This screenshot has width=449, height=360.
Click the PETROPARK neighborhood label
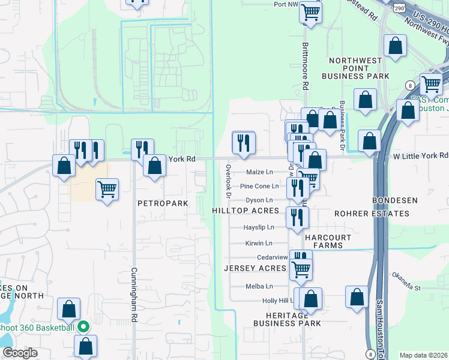pyautogui.click(x=163, y=204)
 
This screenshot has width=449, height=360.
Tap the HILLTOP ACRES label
pyautogui.click(x=246, y=211)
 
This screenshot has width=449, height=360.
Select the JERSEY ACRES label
pyautogui.click(x=255, y=268)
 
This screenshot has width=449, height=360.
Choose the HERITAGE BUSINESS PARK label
pyautogui.click(x=286, y=319)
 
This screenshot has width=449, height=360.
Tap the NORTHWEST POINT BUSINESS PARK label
pyautogui.click(x=355, y=68)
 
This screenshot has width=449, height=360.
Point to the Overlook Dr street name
pyautogui.click(x=229, y=179)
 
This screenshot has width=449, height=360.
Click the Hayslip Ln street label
pyautogui.click(x=259, y=227)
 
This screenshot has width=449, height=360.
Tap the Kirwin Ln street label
pyautogui.click(x=259, y=244)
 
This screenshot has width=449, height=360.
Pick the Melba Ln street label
pyautogui.click(x=259, y=287)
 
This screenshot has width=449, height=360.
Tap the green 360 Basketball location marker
pyautogui.click(x=84, y=327)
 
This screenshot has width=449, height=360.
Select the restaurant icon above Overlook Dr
pyautogui.click(x=244, y=142)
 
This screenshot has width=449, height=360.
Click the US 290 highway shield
pyautogui.click(x=399, y=7)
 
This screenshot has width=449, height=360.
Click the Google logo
pyautogui.click(x=20, y=353)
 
